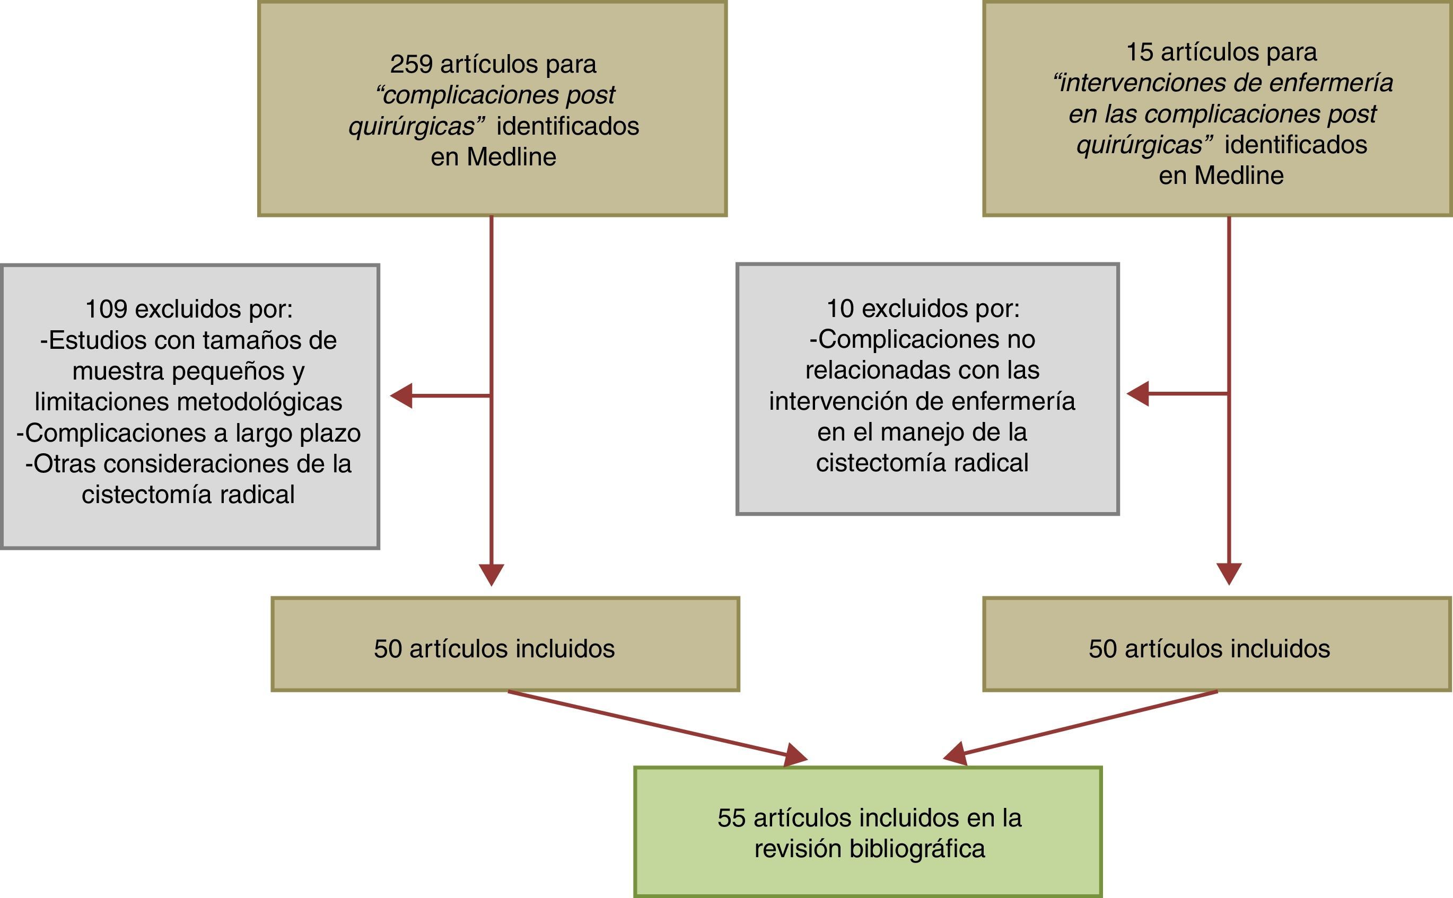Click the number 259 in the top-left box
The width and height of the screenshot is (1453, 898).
[410, 64]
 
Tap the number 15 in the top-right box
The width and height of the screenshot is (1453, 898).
[1139, 52]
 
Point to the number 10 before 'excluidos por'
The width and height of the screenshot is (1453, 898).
[840, 308]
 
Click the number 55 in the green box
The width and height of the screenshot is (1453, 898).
[731, 818]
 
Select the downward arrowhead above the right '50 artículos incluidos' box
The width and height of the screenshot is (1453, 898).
[1229, 573]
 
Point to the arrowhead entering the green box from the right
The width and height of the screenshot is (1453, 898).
[955, 754]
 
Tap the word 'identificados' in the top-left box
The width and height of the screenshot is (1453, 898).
[567, 127]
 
